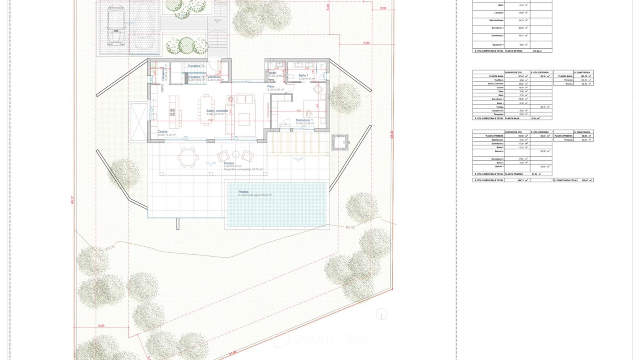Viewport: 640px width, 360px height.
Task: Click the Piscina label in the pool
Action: [243, 192]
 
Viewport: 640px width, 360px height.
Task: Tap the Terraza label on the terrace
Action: [229, 163]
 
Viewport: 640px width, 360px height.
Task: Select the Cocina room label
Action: [162, 132]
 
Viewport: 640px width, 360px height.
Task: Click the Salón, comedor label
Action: [217, 111]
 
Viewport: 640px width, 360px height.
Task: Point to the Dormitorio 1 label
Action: [304, 120]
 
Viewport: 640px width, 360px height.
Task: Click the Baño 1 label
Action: [303, 75]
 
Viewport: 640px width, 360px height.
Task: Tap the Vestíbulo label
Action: [214, 77]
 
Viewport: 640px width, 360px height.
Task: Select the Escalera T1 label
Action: [196, 66]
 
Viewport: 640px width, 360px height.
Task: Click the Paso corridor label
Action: [271, 86]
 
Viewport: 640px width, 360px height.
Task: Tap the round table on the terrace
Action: [187, 158]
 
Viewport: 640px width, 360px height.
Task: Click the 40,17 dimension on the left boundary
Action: [72, 200]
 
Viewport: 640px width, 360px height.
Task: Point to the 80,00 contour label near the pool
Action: [350, 227]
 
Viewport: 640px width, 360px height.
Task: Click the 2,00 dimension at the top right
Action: [383, 8]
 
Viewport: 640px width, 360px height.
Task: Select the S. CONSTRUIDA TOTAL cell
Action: [566, 180]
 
